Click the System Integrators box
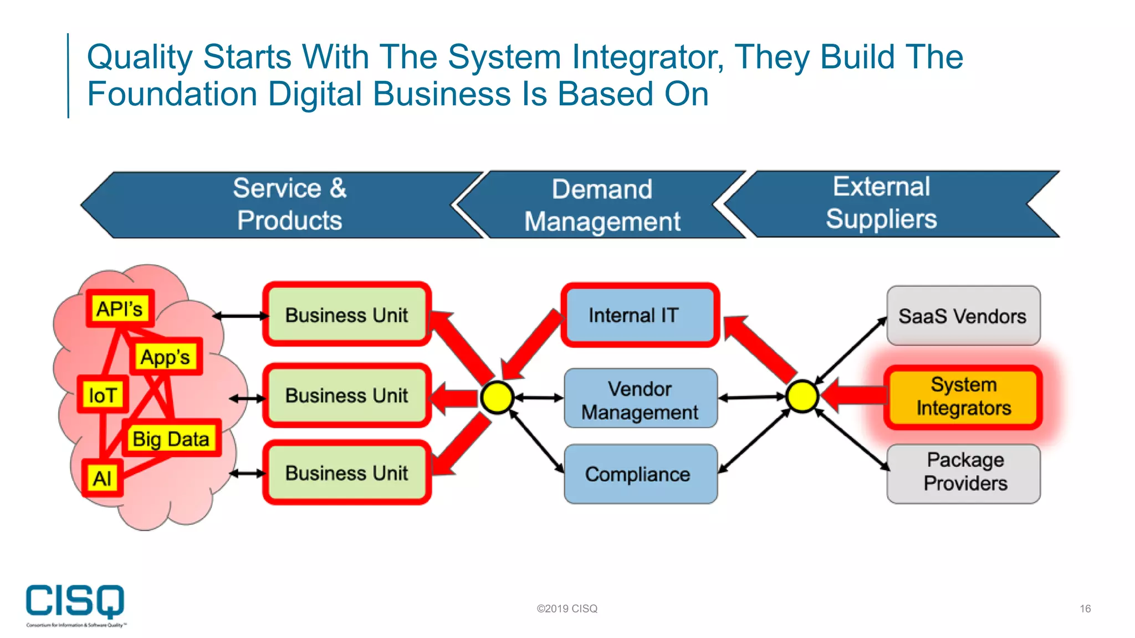click(963, 397)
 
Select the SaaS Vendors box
click(963, 316)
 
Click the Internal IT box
click(640, 315)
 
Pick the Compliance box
click(640, 474)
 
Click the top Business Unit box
click(347, 315)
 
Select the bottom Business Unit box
click(347, 473)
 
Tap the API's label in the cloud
click(120, 308)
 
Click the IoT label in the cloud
click(103, 395)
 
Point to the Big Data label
click(171, 439)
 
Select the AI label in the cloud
click(102, 478)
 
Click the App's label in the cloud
click(165, 357)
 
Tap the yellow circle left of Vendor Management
click(497, 397)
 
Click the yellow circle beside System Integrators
click(802, 397)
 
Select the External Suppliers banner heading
click(881, 203)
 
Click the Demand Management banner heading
click(602, 205)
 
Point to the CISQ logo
click(75, 604)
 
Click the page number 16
click(1085, 609)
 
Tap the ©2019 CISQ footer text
click(567, 609)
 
